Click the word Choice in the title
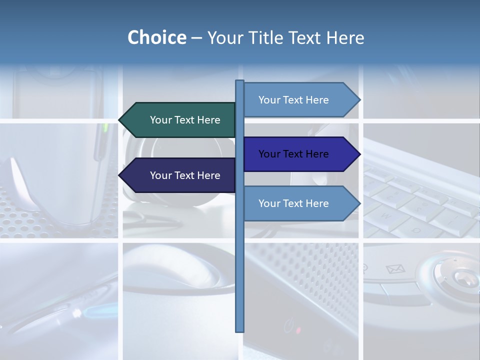coord(156,37)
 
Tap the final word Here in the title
coord(345,37)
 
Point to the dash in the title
coord(196,38)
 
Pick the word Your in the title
coord(224,37)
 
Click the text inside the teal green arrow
coord(185,120)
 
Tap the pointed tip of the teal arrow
coord(120,120)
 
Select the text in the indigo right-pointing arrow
coord(293,154)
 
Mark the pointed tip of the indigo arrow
coord(359,154)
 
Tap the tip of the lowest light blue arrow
coord(359,203)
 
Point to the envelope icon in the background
coord(395,269)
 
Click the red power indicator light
coord(298,330)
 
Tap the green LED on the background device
coord(105,127)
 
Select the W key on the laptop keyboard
coord(386,215)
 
